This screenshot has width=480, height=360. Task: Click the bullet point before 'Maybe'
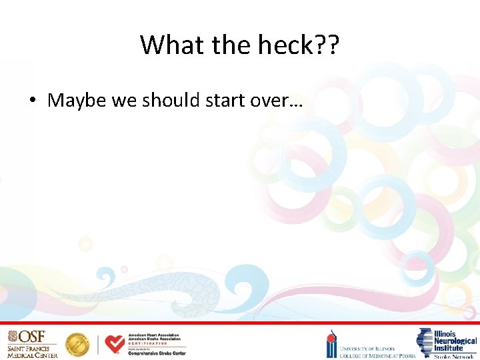[31, 101]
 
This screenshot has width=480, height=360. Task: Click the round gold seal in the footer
[77, 345]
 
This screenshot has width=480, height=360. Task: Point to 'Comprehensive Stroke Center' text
[157, 353]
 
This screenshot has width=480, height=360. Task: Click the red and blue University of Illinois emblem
[331, 344]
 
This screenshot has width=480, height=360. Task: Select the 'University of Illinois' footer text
[367, 348]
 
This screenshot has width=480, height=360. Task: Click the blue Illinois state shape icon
[424, 341]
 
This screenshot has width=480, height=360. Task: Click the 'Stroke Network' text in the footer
[455, 356]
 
